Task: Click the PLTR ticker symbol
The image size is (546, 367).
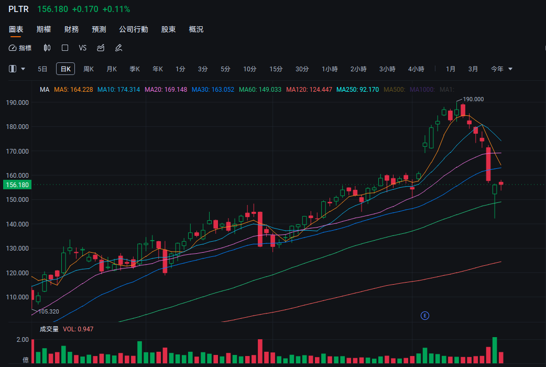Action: click(18, 9)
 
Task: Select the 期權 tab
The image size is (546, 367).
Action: click(43, 29)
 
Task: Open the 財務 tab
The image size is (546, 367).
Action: click(71, 29)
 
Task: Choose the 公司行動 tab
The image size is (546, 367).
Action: click(134, 29)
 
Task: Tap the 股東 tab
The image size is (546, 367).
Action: click(168, 29)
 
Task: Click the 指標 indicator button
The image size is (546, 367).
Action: click(20, 48)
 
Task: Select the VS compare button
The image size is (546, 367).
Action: click(82, 48)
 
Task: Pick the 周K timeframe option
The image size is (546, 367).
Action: click(89, 69)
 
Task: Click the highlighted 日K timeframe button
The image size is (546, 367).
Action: click(65, 69)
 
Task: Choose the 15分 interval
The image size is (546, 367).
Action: click(276, 69)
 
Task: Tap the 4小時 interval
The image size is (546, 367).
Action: click(416, 69)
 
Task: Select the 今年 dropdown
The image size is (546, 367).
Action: click(501, 69)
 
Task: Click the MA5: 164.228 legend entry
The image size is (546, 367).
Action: click(73, 90)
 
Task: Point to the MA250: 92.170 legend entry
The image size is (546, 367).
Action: click(357, 90)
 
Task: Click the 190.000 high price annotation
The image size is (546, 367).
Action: click(473, 99)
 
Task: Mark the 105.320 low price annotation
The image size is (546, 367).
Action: click(48, 311)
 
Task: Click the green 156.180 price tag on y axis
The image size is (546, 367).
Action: click(16, 185)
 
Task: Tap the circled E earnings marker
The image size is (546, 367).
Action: click(425, 315)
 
